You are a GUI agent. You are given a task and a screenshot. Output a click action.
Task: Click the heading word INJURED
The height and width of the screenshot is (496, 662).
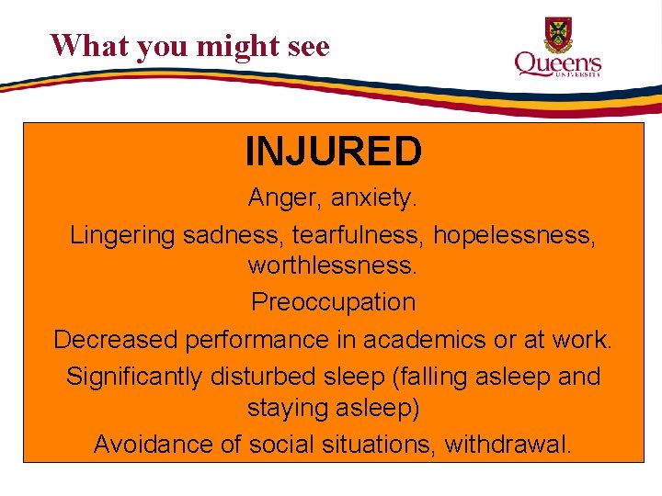[x=333, y=152]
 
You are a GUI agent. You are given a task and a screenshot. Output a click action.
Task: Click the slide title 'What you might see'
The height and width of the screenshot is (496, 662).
[x=189, y=45]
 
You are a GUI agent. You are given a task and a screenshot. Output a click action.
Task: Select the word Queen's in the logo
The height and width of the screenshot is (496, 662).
[x=557, y=63]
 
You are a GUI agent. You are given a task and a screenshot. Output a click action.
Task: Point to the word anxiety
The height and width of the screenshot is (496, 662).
[x=375, y=198]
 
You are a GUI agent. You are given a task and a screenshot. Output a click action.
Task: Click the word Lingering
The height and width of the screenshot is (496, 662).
[x=122, y=236]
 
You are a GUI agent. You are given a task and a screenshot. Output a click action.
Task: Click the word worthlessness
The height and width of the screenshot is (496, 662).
[x=333, y=266]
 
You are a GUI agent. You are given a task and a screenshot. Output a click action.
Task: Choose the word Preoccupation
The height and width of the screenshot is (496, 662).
[x=333, y=302]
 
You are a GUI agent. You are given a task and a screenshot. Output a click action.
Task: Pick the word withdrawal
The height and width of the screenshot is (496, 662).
[x=508, y=445]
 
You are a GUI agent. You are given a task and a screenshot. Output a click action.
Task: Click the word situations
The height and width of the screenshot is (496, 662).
[x=378, y=445]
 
